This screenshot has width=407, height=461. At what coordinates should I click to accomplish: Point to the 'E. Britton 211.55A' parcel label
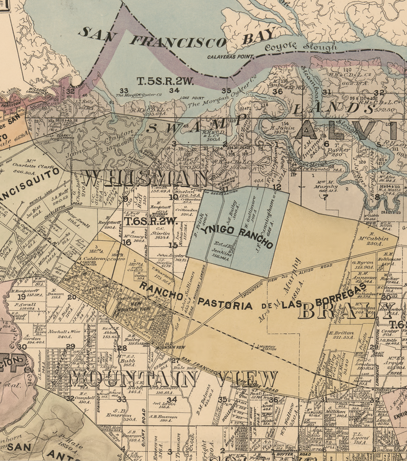click(x=341, y=335)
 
